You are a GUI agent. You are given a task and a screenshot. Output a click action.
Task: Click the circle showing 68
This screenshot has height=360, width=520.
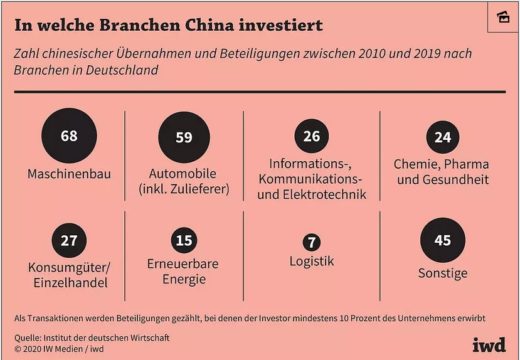(x=69, y=135)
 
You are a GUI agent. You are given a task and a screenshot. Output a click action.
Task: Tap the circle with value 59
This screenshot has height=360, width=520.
(x=184, y=137)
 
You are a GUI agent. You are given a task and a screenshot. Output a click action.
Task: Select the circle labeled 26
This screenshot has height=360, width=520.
(x=312, y=136)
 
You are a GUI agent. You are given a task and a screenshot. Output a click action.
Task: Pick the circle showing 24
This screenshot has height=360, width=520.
(x=443, y=137)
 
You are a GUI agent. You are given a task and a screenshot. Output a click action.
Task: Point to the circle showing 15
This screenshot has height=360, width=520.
(x=184, y=241)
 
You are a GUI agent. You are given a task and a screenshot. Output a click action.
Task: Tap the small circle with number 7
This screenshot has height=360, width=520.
(x=311, y=242)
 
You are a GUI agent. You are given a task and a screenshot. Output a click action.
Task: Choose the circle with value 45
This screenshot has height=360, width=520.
(x=443, y=240)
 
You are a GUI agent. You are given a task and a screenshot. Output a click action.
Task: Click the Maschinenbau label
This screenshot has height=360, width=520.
(x=69, y=174)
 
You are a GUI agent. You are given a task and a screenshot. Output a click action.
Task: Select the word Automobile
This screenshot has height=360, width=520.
(x=183, y=174)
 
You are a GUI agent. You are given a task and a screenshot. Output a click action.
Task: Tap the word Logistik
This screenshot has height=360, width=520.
(x=312, y=261)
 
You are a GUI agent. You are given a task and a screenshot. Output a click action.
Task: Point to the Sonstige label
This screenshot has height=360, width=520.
(x=443, y=273)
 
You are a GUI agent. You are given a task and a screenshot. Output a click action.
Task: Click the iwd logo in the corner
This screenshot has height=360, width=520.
(x=489, y=344)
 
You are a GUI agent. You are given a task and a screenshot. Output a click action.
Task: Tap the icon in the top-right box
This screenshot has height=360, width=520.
(x=503, y=16)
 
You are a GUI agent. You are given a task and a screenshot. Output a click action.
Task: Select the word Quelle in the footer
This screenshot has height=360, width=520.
(x=28, y=338)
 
